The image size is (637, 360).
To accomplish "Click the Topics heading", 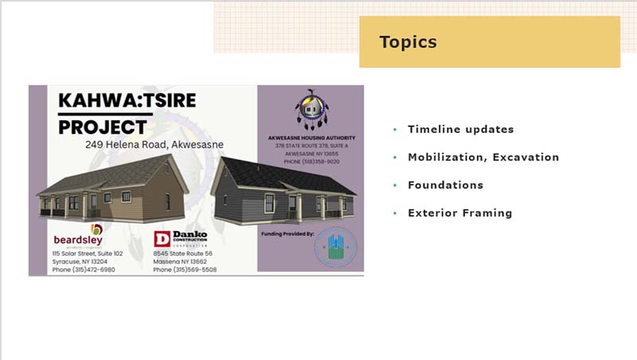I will pyautogui.click(x=408, y=42).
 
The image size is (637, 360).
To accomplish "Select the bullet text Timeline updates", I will pyautogui.click(x=460, y=129).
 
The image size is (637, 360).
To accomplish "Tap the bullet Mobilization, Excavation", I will pyautogui.click(x=483, y=157).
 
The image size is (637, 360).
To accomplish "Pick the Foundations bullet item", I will pyautogui.click(x=445, y=185).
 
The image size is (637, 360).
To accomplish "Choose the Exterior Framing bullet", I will pyautogui.click(x=459, y=213).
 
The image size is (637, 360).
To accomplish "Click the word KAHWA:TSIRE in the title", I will pyautogui.click(x=127, y=101).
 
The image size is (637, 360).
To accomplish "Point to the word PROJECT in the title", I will pyautogui.click(x=103, y=127).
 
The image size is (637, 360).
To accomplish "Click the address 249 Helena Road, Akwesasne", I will pyautogui.click(x=154, y=145).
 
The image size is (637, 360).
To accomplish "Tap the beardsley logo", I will pyautogui.click(x=78, y=237).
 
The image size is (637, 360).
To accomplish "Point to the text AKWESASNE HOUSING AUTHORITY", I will pyautogui.click(x=310, y=138).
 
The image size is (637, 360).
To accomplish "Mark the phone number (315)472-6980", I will pyautogui.click(x=84, y=269).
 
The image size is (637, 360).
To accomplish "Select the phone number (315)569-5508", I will pyautogui.click(x=185, y=269).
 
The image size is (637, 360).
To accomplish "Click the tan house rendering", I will pyautogui.click(x=111, y=191).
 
